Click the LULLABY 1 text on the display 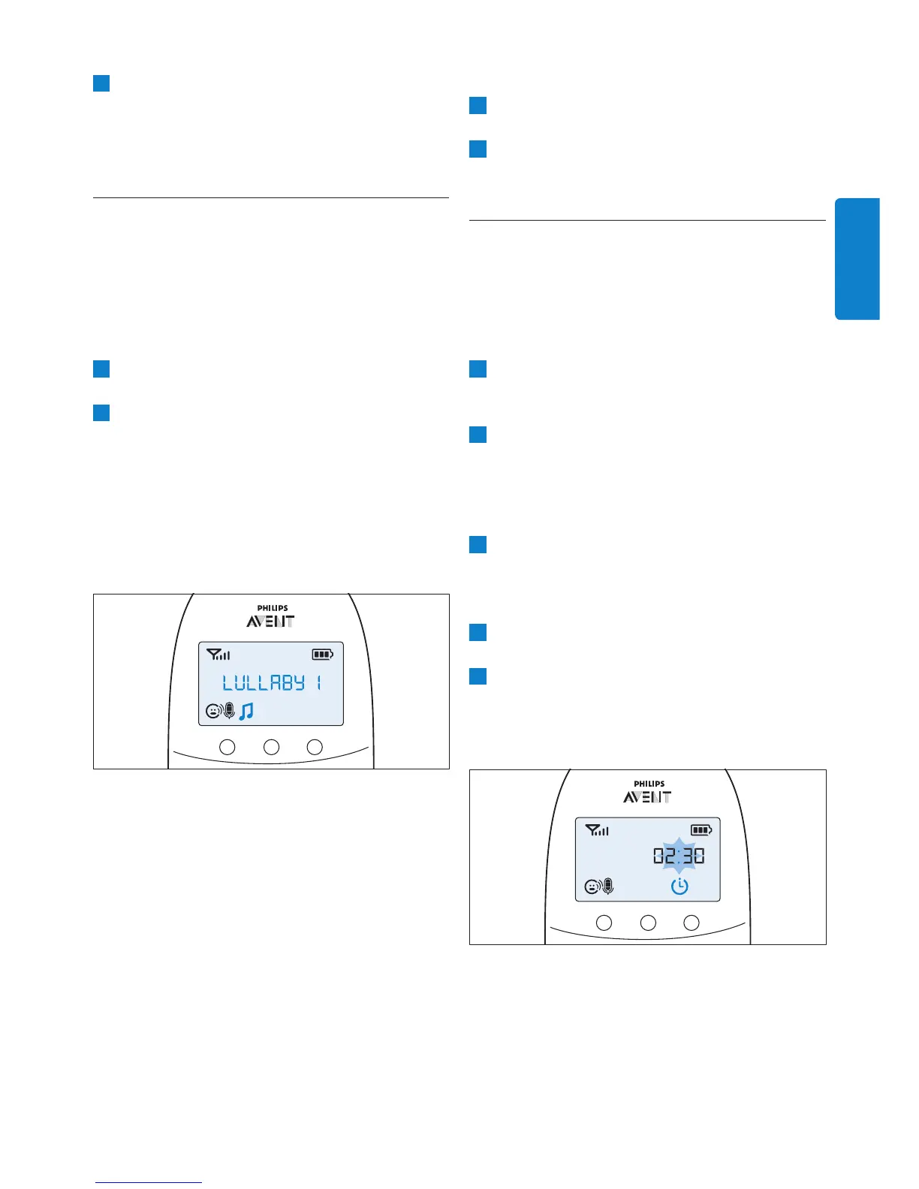tap(272, 682)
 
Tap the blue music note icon tap(246, 711)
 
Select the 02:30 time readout tap(679, 856)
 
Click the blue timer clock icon tap(679, 886)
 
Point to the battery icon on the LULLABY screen tap(323, 655)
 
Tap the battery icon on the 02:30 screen tap(701, 830)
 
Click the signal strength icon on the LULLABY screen tap(218, 655)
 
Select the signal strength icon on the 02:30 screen tap(597, 830)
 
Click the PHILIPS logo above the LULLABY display tap(272, 608)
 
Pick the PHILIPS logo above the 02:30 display tap(649, 784)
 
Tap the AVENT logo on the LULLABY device tap(270, 622)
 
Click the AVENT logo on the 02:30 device tap(647, 797)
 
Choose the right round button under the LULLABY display tap(315, 747)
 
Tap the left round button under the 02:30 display tap(604, 923)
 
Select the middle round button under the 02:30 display tap(648, 923)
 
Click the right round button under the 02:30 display tap(692, 923)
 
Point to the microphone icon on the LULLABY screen tap(229, 710)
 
